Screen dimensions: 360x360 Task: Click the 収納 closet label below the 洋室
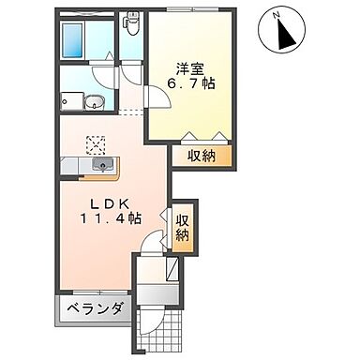click(x=200, y=156)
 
